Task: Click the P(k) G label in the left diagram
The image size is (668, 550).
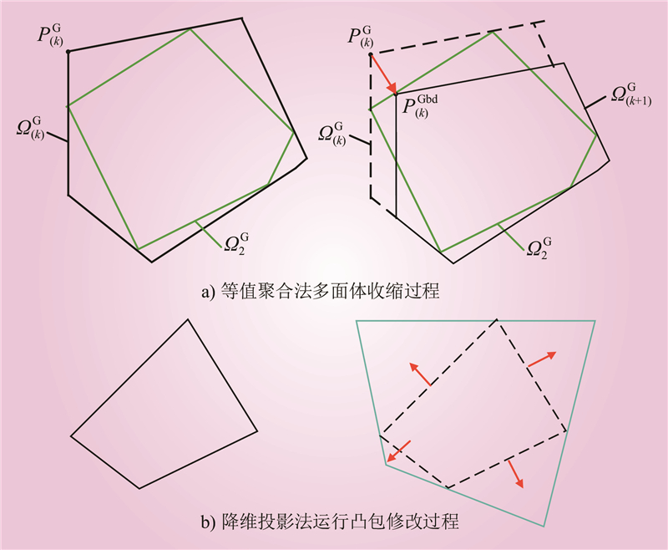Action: (x=50, y=36)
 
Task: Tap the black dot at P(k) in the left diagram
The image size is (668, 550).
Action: (x=68, y=52)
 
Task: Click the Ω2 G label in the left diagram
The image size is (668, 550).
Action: (x=236, y=244)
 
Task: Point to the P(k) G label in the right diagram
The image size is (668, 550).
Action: (x=361, y=37)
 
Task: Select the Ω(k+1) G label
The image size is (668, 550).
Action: (x=631, y=95)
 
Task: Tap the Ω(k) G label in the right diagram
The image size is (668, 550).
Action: (x=331, y=135)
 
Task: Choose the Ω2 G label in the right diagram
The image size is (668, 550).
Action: (x=539, y=248)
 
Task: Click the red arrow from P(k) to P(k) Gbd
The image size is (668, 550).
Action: (x=383, y=74)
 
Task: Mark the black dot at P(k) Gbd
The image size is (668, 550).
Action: (x=396, y=94)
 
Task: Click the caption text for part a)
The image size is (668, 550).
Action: (x=321, y=292)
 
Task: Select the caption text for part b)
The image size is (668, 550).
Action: (x=330, y=522)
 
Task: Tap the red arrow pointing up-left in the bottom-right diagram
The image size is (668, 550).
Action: (x=420, y=374)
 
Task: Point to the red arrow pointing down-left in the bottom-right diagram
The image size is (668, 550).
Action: (x=399, y=451)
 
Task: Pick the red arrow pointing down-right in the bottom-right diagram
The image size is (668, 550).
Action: (x=515, y=473)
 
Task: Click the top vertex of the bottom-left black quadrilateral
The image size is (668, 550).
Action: (x=188, y=319)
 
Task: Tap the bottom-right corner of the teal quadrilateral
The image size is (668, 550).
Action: (x=544, y=526)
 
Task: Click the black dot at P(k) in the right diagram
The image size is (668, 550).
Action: (x=371, y=54)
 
